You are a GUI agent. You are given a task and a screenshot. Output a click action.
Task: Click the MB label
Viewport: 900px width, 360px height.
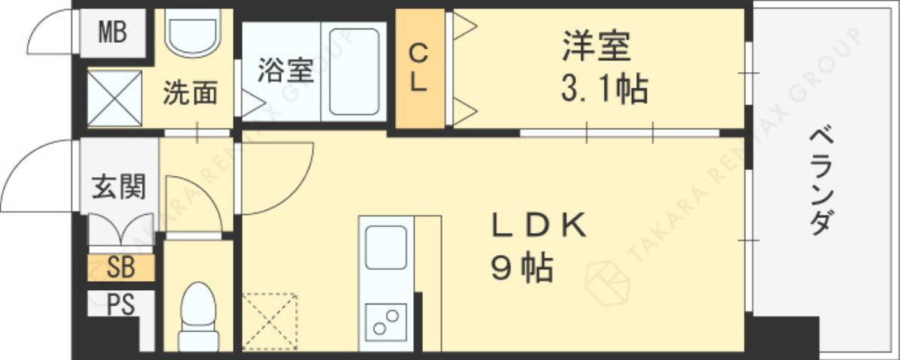pos(113,33)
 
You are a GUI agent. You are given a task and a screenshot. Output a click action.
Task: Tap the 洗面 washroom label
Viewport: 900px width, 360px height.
pos(191,93)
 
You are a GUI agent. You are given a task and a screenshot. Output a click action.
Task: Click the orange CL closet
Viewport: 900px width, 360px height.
pos(419,68)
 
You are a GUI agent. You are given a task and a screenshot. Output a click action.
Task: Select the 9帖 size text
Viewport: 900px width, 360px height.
pos(523,268)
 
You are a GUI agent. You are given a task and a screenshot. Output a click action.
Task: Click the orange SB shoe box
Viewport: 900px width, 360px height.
pos(121,268)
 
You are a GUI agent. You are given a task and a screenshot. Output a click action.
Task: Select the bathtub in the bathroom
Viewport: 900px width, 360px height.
pos(353,71)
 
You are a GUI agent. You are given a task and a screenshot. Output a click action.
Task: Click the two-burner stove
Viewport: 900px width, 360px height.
pos(386,322)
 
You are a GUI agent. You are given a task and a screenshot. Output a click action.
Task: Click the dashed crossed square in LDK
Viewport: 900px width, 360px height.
pos(270,322)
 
